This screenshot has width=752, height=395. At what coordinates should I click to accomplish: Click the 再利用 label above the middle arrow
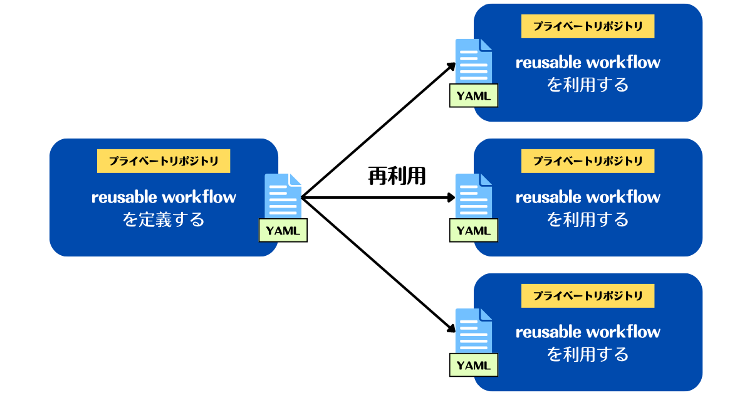tap(396, 177)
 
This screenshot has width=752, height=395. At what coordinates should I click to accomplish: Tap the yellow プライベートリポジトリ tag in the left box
tap(164, 161)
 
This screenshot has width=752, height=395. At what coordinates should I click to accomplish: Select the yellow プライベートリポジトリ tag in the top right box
tap(588, 26)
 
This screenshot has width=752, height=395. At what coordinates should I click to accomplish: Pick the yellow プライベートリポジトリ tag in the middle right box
tap(588, 161)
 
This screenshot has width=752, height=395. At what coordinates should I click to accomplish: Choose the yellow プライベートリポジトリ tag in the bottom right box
tap(588, 296)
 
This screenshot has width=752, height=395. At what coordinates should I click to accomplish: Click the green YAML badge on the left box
tap(283, 230)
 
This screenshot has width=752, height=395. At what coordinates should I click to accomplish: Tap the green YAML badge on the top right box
tap(474, 96)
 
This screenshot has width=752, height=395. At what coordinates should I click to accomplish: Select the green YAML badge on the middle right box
tap(474, 230)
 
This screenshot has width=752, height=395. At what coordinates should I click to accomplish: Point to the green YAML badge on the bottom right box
tap(474, 365)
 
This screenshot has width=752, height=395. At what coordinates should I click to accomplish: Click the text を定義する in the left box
tap(164, 219)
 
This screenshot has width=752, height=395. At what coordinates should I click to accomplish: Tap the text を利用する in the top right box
tap(588, 85)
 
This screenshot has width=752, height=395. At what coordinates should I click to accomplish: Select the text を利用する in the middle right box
tap(588, 219)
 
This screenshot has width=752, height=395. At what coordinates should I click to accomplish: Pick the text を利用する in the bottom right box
tap(588, 354)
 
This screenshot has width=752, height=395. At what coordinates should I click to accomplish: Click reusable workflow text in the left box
tap(164, 197)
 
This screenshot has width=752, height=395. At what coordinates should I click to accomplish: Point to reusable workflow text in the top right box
tap(588, 62)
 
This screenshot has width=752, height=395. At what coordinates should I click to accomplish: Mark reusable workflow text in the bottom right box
tap(588, 332)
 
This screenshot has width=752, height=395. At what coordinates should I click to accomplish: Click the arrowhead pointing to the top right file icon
tap(451, 66)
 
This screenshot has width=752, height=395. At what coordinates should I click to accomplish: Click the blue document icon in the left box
tap(282, 196)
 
